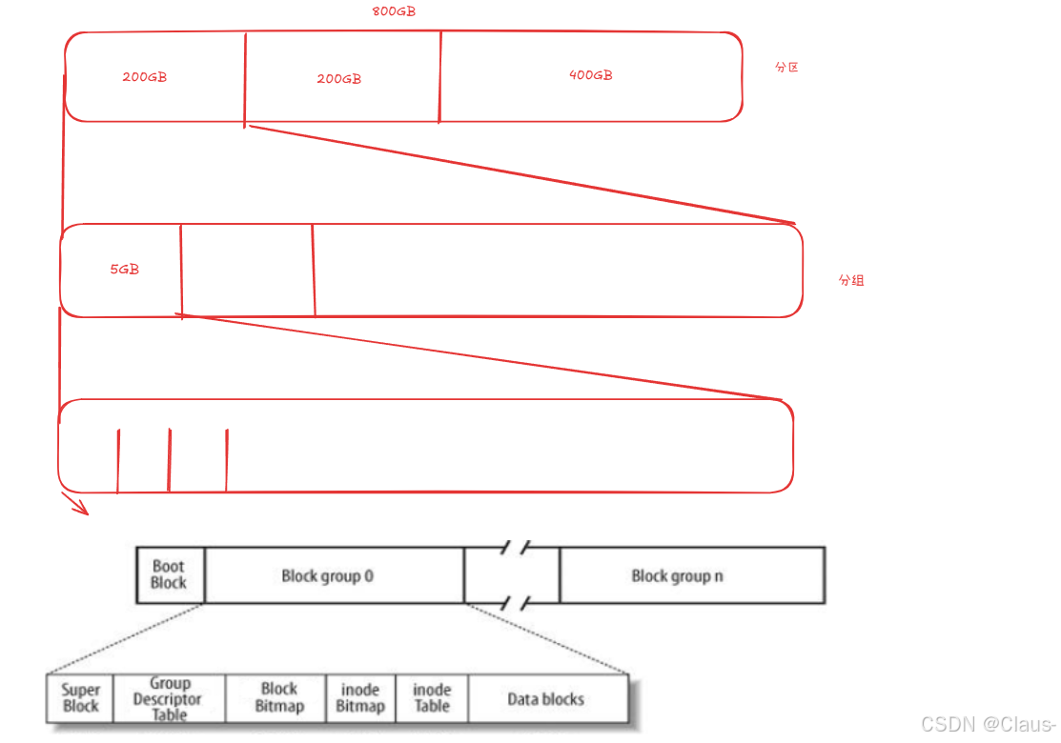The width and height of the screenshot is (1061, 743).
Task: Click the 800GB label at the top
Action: click(393, 12)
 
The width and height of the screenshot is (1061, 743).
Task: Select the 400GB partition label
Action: click(590, 75)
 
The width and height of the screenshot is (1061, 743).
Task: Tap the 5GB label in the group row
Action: click(124, 270)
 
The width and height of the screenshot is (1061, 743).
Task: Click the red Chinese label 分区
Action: click(786, 68)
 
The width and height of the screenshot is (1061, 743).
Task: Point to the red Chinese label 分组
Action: click(851, 281)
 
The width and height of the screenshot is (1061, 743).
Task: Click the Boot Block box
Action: click(170, 574)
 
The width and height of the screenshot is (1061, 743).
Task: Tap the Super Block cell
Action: click(81, 698)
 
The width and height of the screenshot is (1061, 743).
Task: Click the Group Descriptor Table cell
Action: click(169, 698)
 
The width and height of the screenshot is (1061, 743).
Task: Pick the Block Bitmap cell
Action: click(278, 698)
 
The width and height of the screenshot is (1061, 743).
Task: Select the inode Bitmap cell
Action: click(360, 698)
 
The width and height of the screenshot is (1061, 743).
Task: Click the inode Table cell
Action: click(431, 698)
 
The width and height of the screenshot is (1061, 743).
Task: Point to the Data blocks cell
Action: click(545, 699)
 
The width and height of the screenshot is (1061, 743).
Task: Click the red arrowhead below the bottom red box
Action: click(78, 506)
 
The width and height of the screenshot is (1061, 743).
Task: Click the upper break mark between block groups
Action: click(515, 547)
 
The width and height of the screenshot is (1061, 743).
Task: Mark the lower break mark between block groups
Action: click(515, 603)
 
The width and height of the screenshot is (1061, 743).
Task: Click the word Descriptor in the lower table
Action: click(169, 699)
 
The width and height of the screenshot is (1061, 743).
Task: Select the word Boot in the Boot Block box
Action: click(169, 566)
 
